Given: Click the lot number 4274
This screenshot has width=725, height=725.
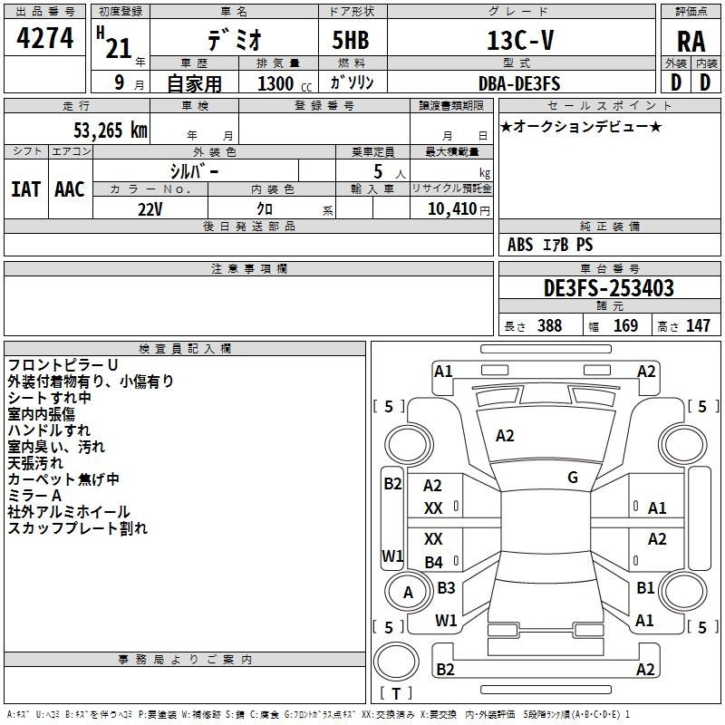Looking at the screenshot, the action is pos(44,38).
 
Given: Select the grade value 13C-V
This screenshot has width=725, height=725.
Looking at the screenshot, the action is pos(520,40).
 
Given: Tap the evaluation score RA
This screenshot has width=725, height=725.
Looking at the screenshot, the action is pos(691,42).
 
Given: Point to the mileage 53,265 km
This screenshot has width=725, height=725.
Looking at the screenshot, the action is pos(111,130).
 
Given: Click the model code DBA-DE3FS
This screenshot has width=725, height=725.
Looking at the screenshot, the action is pos(519,83).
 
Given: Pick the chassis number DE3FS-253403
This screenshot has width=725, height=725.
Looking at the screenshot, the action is pos(608,288).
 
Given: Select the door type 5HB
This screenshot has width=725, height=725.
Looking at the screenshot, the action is pos(351,40).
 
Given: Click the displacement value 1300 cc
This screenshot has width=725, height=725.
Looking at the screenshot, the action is pos(285,83).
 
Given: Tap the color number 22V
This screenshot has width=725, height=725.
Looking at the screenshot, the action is pos(150,209).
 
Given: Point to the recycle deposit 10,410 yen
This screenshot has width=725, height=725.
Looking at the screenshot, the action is pos(459,209).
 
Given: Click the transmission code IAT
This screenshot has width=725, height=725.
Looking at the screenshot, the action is pos(25,189).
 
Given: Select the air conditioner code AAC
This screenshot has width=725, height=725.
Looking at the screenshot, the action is pos(70,189).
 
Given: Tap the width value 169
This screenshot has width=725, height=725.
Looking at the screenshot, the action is pos(625,326).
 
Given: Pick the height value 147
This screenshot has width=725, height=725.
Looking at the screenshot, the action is pos(698,326).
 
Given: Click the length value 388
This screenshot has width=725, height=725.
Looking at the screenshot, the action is pos(550,326).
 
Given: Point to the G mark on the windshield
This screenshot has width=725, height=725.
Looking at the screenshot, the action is pos(573,478).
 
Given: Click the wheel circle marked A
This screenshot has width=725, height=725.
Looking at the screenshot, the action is pos(408,592).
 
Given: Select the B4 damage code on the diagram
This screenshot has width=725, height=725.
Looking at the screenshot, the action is pos(434,562).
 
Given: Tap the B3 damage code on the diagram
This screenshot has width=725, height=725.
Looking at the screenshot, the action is pos(446,587).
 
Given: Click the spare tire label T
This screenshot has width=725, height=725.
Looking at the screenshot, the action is pos(396,693).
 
